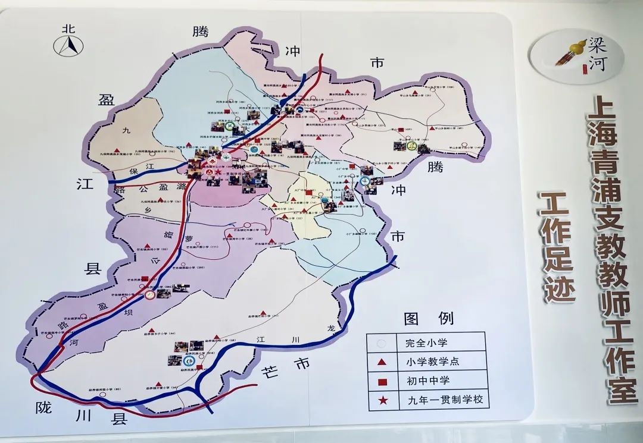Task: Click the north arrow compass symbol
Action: pos(68,44)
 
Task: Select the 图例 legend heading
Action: pos(428,319)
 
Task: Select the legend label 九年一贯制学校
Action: pos(439,401)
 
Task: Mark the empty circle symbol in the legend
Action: pos(382,343)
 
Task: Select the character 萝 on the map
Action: pos(189,238)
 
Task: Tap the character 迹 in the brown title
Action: pos(557,288)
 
